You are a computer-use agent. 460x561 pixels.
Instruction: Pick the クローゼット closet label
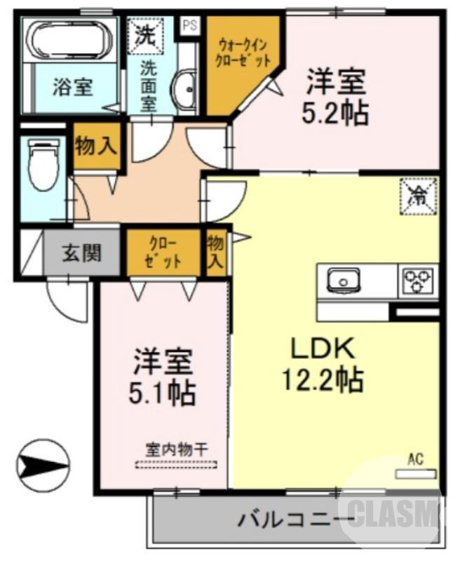pyautogui.click(x=164, y=252)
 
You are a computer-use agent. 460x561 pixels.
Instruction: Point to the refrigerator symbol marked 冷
pyautogui.click(x=419, y=196)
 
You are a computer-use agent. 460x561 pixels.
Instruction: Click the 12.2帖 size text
pyautogui.click(x=323, y=380)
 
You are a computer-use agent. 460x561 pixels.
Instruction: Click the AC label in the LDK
pyautogui.click(x=416, y=461)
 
